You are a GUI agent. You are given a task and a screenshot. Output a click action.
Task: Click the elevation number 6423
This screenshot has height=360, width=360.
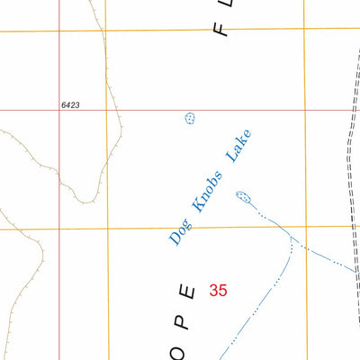(72, 105)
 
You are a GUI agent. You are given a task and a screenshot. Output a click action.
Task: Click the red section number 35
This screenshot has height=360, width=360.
(218, 290)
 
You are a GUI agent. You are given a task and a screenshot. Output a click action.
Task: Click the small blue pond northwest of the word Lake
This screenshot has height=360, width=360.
(190, 119)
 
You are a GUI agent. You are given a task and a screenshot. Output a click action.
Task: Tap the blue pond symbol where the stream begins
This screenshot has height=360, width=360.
(241, 196)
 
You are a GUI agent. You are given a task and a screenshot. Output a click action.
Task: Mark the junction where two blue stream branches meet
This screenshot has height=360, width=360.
(291, 238)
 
